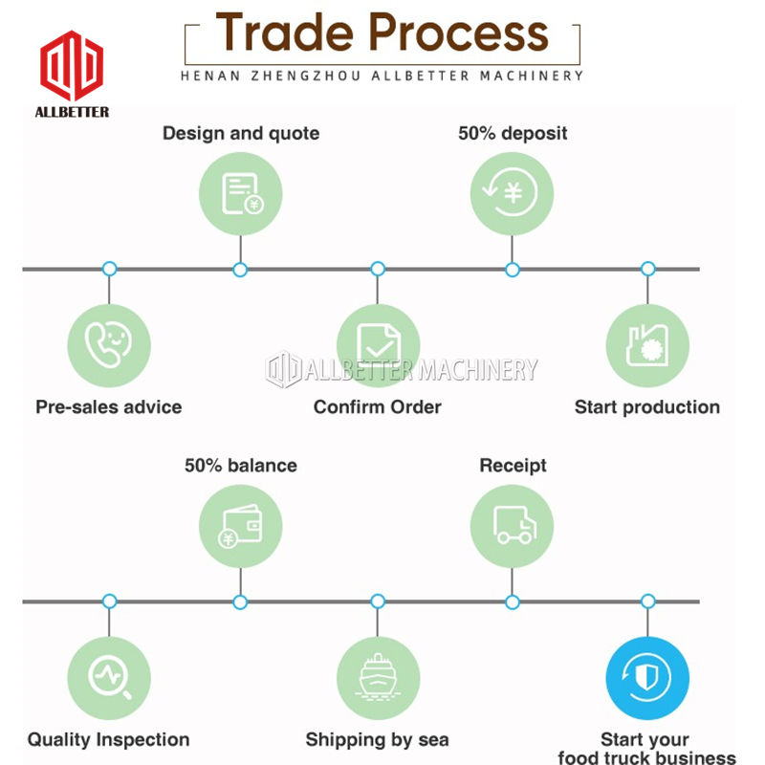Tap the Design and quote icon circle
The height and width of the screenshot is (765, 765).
pyautogui.click(x=240, y=192)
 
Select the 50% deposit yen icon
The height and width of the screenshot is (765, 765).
pyautogui.click(x=512, y=192)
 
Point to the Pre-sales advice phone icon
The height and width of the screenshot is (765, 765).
pyautogui.click(x=109, y=345)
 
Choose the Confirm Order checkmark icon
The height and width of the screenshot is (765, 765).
pyautogui.click(x=378, y=345)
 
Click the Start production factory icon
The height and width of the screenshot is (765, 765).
pyautogui.click(x=647, y=345)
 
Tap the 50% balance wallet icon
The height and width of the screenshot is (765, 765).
pyautogui.click(x=240, y=526)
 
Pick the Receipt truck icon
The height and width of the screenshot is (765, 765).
pyautogui.click(x=512, y=526)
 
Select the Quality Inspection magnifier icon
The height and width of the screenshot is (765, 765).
pyautogui.click(x=109, y=678)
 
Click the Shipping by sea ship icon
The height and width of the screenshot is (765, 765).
pyautogui.click(x=378, y=678)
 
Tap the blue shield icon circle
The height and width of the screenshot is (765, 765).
pyautogui.click(x=647, y=678)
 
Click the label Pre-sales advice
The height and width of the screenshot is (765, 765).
pyautogui.click(x=108, y=407)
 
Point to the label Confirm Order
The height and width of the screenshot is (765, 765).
pyautogui.click(x=378, y=407)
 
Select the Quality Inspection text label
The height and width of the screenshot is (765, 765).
pyautogui.click(x=108, y=739)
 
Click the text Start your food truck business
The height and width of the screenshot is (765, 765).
pyautogui.click(x=647, y=749)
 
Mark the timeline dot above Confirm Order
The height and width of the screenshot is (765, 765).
pyautogui.click(x=378, y=270)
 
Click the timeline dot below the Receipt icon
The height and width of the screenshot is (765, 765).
pyautogui.click(x=513, y=601)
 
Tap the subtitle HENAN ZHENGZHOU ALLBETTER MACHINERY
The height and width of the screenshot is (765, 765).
pyautogui.click(x=382, y=75)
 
